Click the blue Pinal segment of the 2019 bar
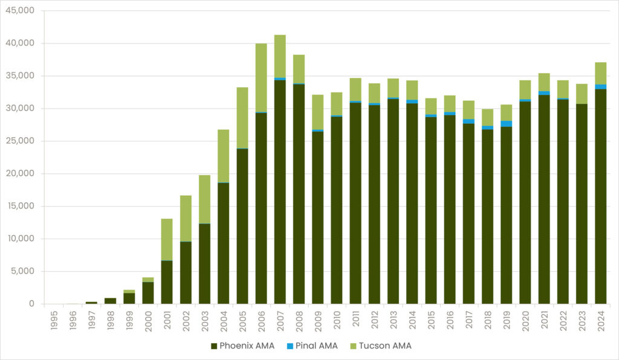pyautogui.click(x=506, y=124)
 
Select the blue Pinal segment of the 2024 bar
pyautogui.click(x=600, y=87)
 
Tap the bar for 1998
pyautogui.click(x=110, y=301)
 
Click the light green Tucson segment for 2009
pyautogui.click(x=318, y=112)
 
